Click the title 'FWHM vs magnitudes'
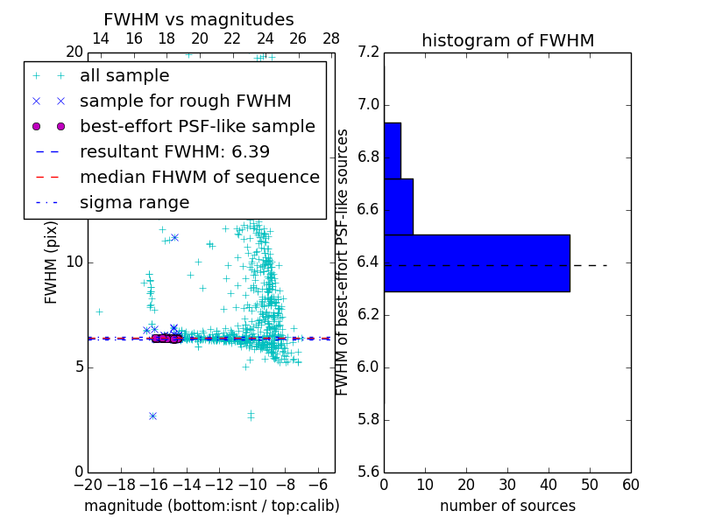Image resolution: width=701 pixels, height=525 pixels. point(199,19)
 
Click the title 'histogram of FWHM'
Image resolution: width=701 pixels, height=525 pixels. point(507,40)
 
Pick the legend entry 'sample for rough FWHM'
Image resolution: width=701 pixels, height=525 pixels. point(185,101)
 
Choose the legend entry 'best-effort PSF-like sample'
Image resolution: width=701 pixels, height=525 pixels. point(197,127)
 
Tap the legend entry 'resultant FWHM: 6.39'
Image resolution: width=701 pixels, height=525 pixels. point(174,152)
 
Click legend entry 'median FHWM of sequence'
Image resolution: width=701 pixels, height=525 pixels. point(199,178)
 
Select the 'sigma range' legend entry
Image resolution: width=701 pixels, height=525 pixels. point(134,203)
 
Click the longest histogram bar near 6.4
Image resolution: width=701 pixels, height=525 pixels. point(477,262)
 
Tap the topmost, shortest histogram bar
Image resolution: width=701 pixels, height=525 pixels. point(393,150)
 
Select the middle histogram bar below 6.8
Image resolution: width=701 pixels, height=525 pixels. point(399,206)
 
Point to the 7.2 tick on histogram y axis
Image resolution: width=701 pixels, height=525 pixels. point(369,52)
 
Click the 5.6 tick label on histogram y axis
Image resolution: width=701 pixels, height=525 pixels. point(369,472)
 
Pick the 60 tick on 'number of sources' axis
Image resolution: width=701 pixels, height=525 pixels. point(630,484)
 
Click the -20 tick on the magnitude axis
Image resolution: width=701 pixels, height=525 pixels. point(88,484)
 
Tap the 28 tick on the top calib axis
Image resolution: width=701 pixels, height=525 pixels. point(331,39)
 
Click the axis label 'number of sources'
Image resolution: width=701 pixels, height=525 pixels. point(507,506)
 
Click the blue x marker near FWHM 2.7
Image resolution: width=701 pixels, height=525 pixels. point(152,416)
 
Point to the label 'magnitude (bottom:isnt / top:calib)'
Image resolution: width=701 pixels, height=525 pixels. point(211,506)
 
